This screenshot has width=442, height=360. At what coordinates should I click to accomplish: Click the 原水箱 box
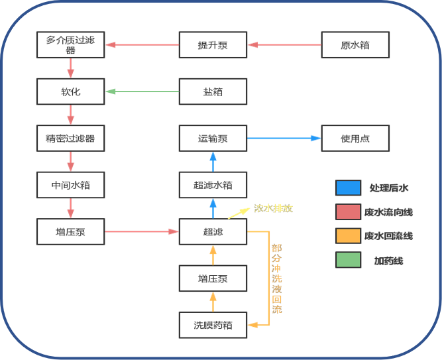coord(355,45)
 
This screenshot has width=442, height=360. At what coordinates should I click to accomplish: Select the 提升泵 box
coord(213,45)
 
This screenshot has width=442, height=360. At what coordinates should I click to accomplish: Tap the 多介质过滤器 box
coord(70,45)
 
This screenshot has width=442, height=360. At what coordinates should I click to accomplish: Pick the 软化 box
coord(70,91)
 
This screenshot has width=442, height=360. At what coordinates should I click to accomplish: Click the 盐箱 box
coord(213,91)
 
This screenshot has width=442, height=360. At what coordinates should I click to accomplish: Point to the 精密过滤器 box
coord(70,139)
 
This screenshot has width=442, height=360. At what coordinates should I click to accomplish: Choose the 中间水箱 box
coord(70,185)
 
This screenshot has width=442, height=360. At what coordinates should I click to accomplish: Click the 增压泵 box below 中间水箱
coord(70,232)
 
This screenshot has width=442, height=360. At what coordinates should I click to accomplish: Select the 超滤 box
coord(213,232)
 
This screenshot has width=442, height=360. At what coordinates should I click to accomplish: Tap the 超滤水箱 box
coord(213,185)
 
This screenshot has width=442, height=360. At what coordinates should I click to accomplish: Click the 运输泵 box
coord(213,139)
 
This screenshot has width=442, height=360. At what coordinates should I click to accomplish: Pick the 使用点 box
coord(355,139)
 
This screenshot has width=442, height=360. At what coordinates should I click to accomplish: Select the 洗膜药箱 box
coord(213,325)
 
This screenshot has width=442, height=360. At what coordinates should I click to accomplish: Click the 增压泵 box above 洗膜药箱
coord(213,278)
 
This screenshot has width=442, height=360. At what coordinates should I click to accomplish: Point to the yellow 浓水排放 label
coord(273,208)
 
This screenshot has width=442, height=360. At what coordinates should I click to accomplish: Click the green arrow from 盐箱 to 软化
coord(142,91)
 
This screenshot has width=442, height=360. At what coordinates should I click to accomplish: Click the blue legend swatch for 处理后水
coord(349,188)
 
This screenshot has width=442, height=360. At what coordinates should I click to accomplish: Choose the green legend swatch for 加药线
coord(349,261)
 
